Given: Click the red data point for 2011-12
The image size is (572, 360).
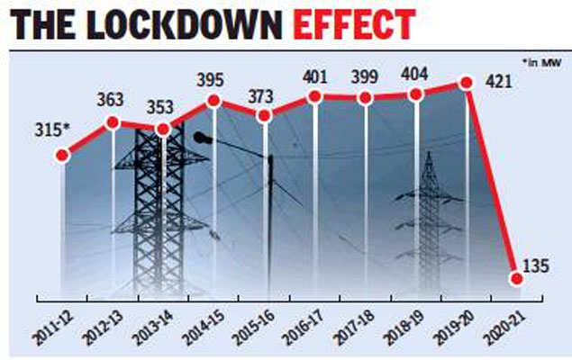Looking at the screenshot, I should (61, 155).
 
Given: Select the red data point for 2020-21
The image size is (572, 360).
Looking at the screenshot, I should (516, 278).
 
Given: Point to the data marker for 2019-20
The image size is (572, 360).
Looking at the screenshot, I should (467, 83).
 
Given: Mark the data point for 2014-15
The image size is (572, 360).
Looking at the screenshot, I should (213, 101).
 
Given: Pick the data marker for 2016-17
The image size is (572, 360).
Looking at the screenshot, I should (314, 95).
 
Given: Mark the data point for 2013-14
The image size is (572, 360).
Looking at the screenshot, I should (163, 129).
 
